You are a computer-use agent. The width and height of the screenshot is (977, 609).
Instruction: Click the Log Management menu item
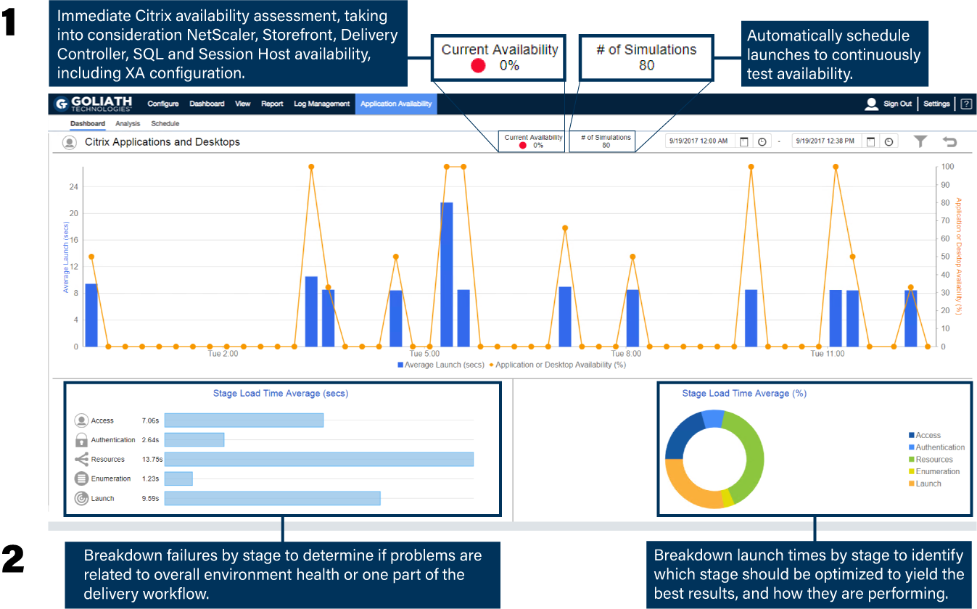pyautogui.click(x=321, y=104)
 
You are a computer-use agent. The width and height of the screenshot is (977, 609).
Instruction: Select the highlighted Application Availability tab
pyautogui.click(x=396, y=104)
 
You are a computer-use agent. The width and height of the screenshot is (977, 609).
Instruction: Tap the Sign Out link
pyautogui.click(x=897, y=104)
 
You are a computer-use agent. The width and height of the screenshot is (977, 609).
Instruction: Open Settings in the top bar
pyautogui.click(x=936, y=104)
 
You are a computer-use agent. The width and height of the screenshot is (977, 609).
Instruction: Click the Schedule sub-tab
pyautogui.click(x=165, y=124)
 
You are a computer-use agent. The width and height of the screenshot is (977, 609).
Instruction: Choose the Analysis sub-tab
pyautogui.click(x=128, y=124)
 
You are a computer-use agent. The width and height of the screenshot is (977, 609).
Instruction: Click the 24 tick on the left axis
pyautogui.click(x=73, y=187)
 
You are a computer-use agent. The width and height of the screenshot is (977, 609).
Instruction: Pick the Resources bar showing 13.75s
pyautogui.click(x=318, y=459)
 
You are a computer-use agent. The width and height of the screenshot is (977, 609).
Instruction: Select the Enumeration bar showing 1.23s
pyautogui.click(x=178, y=478)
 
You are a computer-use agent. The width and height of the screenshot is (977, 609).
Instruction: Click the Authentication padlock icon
pyautogui.click(x=81, y=440)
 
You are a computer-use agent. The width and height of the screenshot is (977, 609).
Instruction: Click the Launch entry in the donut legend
pyautogui.click(x=928, y=484)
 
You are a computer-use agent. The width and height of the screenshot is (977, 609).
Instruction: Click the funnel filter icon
pyautogui.click(x=920, y=141)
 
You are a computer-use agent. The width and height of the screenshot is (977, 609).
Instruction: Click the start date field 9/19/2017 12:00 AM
pyautogui.click(x=699, y=141)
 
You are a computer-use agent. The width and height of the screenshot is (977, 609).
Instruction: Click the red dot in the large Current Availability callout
pyautogui.click(x=478, y=66)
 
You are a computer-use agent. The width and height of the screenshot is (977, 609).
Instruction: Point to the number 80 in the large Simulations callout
pyautogui.click(x=646, y=65)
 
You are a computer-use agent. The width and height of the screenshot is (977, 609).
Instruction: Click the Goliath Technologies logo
pyautogui.click(x=93, y=104)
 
